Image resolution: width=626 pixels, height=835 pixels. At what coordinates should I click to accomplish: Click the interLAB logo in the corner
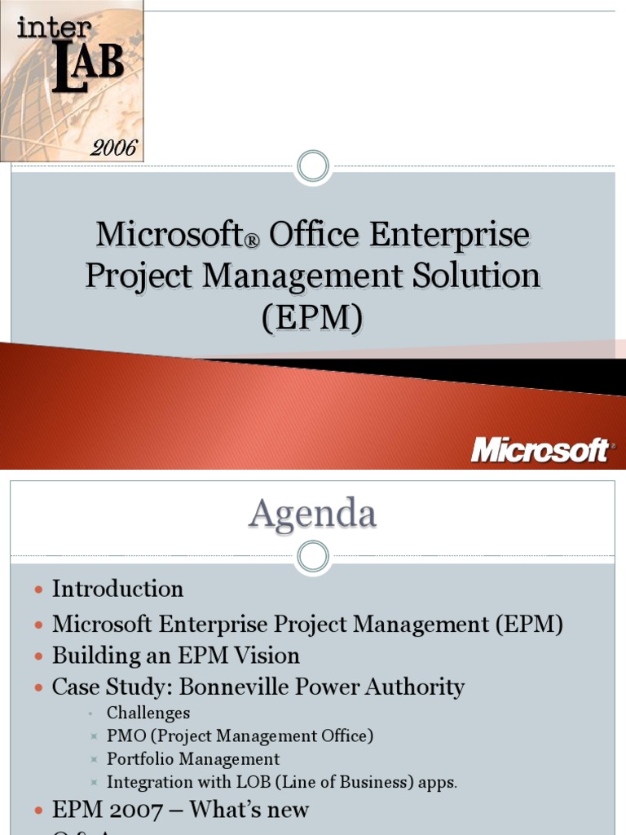(x=72, y=80)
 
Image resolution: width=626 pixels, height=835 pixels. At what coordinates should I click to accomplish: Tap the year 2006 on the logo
(x=114, y=148)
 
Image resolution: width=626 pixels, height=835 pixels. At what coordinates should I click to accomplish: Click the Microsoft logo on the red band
(x=540, y=450)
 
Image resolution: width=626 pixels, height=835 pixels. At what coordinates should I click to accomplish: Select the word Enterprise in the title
(x=449, y=236)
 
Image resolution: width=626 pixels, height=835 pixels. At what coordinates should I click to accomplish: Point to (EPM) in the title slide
(x=312, y=317)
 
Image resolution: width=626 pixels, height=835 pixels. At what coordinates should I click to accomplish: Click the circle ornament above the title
(x=313, y=167)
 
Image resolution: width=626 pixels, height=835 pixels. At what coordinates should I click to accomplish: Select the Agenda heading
(x=313, y=514)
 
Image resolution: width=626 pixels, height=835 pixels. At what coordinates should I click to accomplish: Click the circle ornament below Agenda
(x=313, y=557)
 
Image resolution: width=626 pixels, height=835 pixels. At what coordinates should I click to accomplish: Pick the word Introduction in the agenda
(x=117, y=589)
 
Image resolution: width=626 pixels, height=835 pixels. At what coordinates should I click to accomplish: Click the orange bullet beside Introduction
(x=38, y=590)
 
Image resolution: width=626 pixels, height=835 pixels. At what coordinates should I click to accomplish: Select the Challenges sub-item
(x=148, y=714)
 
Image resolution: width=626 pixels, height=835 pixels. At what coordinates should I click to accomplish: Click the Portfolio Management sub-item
(x=193, y=759)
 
